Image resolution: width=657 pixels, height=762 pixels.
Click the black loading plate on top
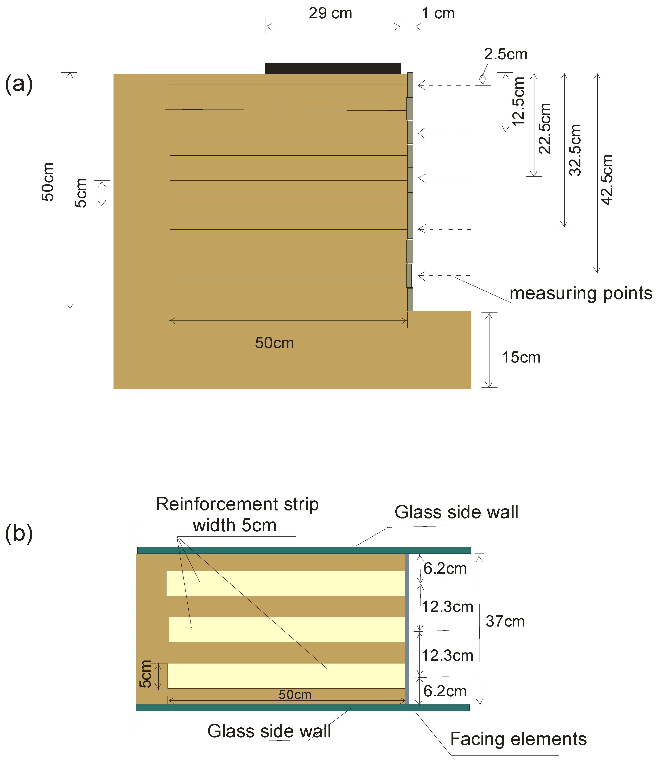pyautogui.click(x=333, y=68)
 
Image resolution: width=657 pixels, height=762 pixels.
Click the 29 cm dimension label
pyautogui.click(x=330, y=14)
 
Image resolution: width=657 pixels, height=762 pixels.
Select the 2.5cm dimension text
pyautogui.click(x=506, y=54)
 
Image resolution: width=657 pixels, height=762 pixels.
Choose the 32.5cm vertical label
pyautogui.click(x=575, y=150)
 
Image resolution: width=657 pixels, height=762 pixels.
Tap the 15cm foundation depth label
pyautogui.click(x=521, y=357)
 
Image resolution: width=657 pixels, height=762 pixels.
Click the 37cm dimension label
pyautogui.click(x=505, y=621)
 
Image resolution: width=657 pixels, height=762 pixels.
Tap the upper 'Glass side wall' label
pyautogui.click(x=456, y=512)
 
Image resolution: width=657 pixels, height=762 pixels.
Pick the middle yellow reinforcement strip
pyautogui.click(x=287, y=630)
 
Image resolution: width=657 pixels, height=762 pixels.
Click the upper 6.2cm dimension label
pyautogui.click(x=445, y=568)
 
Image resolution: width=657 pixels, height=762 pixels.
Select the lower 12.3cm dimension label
pyautogui.click(x=447, y=655)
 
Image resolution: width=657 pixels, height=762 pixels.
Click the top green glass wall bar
pyautogui.click(x=304, y=550)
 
